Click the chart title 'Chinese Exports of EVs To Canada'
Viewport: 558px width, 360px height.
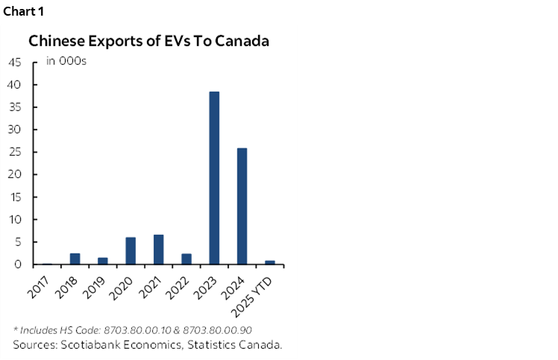(148, 41)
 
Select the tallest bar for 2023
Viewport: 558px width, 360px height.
(214, 178)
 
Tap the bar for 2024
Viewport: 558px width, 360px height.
(242, 206)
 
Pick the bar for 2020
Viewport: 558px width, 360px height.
(131, 251)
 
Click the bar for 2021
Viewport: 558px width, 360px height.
(158, 250)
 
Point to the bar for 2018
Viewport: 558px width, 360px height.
(75, 259)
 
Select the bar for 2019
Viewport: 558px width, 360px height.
(103, 261)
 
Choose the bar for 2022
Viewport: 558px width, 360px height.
(186, 259)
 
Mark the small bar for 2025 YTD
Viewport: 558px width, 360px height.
(269, 262)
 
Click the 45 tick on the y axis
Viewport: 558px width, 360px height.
(15, 63)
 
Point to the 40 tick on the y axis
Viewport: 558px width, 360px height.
(15, 85)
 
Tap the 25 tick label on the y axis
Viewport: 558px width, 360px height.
(15, 152)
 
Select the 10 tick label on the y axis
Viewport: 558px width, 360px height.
(15, 220)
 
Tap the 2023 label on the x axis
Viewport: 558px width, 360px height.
(207, 285)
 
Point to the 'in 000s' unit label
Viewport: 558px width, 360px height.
(66, 61)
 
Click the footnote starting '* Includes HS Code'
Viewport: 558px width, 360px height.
(132, 329)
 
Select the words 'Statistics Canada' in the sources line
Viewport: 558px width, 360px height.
(235, 344)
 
